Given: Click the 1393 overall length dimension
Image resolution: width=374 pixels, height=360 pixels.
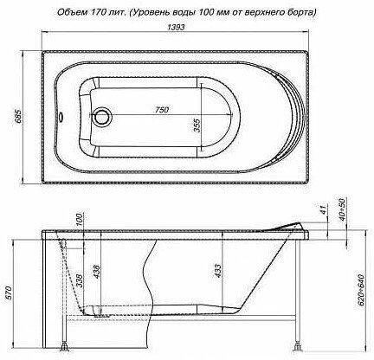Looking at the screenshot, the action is pos(176,27).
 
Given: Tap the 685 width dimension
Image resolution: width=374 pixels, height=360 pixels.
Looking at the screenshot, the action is pos(18,116).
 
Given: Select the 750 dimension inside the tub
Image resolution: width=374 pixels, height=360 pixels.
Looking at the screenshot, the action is pos(161,110).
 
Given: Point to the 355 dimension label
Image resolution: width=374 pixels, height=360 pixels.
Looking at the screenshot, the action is pos(197,125).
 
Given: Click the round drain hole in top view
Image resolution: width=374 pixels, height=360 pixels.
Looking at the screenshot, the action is pos(101,117).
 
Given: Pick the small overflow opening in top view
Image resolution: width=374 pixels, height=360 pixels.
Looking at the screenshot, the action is pos(61,117).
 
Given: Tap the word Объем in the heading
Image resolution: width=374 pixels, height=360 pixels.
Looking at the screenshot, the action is pos(68,12).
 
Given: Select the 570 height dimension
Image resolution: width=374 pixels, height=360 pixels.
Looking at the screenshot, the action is pos(10,292).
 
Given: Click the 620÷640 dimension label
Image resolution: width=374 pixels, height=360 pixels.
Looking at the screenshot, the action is pos(361,290).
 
